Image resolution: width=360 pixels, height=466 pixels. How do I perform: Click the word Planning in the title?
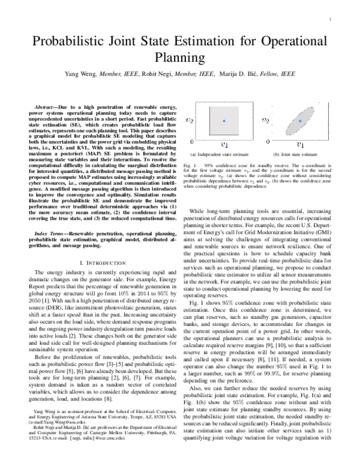(179, 58)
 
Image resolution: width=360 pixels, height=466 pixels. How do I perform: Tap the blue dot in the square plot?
(224, 121)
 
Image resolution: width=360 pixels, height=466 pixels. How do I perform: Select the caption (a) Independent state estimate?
(224, 156)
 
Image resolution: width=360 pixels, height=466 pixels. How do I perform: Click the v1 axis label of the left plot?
(224, 145)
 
